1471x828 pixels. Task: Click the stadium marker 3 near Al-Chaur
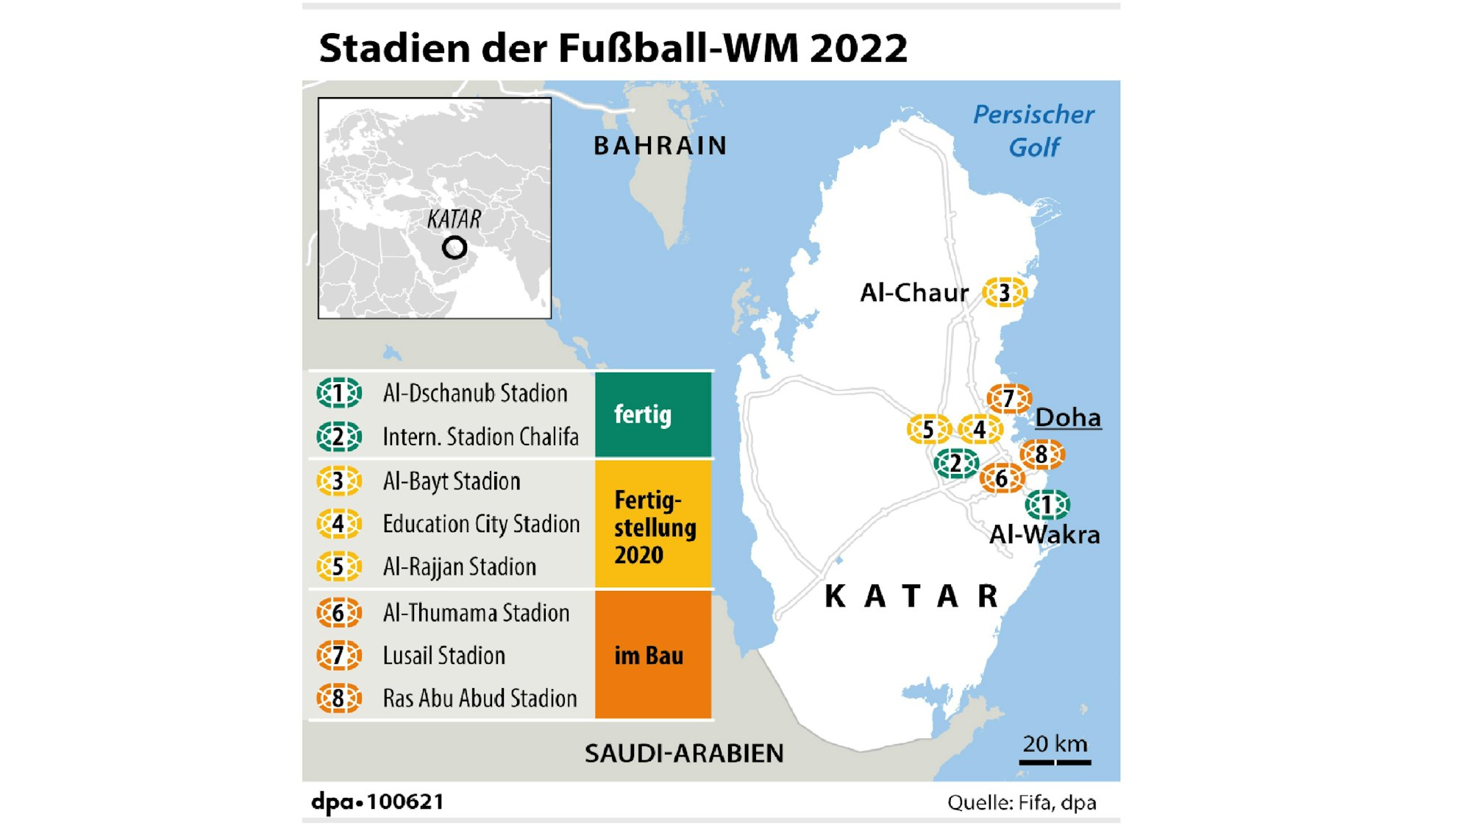pyautogui.click(x=1004, y=293)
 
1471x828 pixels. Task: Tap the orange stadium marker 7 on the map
pyautogui.click(x=1008, y=399)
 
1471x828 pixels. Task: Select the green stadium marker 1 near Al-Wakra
pyautogui.click(x=1047, y=505)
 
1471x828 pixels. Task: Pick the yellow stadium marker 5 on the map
pyautogui.click(x=928, y=429)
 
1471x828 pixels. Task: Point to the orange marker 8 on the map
pyautogui.click(x=1041, y=455)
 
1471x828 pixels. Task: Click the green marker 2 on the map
pyautogui.click(x=955, y=464)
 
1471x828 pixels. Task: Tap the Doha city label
pyautogui.click(x=1068, y=418)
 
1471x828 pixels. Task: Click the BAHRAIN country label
pyautogui.click(x=660, y=146)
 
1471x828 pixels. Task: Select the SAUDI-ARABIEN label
pyautogui.click(x=684, y=753)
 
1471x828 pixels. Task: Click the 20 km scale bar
pyautogui.click(x=1055, y=761)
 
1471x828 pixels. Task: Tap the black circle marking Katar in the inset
pyautogui.click(x=455, y=247)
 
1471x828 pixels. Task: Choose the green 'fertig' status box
pyautogui.click(x=653, y=414)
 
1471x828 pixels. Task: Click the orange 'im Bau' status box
pyautogui.click(x=653, y=655)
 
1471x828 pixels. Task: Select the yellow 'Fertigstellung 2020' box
pyautogui.click(x=653, y=526)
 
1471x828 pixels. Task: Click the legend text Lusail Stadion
pyautogui.click(x=444, y=656)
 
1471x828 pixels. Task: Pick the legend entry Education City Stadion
pyautogui.click(x=481, y=524)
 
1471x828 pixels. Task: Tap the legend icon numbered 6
pyautogui.click(x=338, y=613)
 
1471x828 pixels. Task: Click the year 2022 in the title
pyautogui.click(x=858, y=49)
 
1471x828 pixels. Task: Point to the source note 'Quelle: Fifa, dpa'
pyautogui.click(x=1021, y=802)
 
